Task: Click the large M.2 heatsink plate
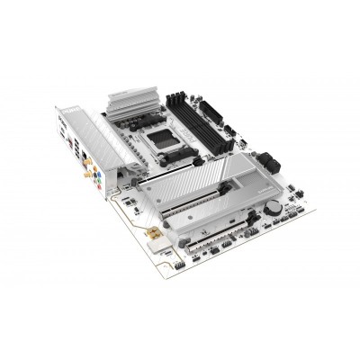click(208, 176)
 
